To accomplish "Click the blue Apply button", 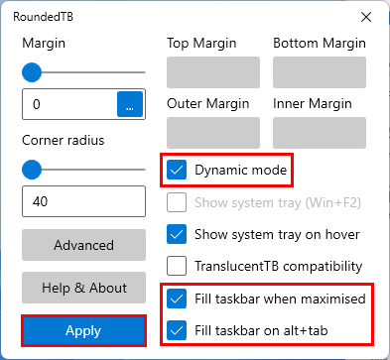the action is pos(83,330).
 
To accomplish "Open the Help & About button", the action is pos(83,288).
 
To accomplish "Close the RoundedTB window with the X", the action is pos(366,17).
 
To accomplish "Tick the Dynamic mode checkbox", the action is pos(177,170).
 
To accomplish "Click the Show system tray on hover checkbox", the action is pos(177,234).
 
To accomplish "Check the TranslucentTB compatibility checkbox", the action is pos(177,266).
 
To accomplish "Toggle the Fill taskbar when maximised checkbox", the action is pos(177,299).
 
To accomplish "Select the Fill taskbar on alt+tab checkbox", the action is pos(177,330).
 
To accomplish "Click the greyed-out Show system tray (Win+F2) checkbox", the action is pos(177,202).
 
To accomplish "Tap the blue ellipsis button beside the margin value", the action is pos(130,104).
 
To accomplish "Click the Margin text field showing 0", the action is pos(69,104).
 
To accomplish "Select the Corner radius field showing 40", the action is pos(83,201).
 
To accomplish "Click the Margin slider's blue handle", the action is pos(32,72).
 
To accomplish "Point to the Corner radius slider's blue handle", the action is pos(32,170).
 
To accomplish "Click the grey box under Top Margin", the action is pos(213,72).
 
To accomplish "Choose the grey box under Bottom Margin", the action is pos(320,72).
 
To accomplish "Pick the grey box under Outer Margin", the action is pos(213,133).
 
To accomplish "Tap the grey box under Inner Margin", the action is pos(320,133).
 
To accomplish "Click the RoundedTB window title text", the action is pos(43,17).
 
